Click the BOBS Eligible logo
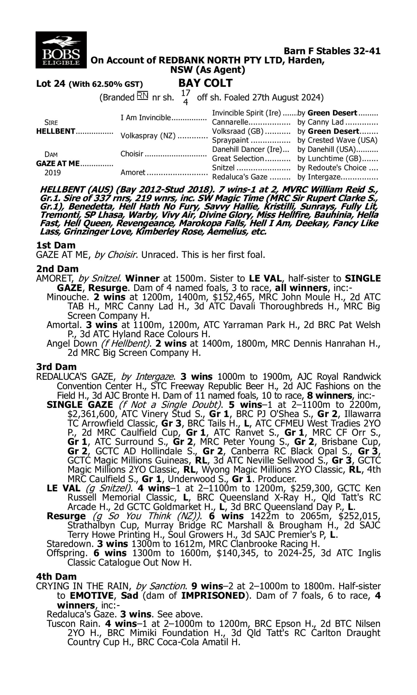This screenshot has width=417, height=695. coord(61,50)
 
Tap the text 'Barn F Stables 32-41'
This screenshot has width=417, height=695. coord(332,51)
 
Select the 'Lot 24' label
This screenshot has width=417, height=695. coord(51,84)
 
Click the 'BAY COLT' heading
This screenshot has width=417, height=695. coord(205,83)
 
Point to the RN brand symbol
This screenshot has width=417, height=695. coord(142,96)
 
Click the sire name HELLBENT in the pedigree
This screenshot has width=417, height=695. coord(56,131)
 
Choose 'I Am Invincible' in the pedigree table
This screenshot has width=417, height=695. coord(146,117)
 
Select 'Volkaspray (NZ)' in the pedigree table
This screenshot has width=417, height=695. coord(148,136)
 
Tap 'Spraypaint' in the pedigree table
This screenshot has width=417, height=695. coord(230,140)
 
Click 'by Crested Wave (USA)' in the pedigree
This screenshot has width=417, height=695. coord(337,140)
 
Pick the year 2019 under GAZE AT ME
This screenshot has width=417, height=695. coord(53,172)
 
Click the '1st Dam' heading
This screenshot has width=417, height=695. coord(56,245)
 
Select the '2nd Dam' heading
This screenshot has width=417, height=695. coord(57,269)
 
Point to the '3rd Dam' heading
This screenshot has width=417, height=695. coord(56,367)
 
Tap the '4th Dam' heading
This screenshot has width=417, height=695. coord(56,577)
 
